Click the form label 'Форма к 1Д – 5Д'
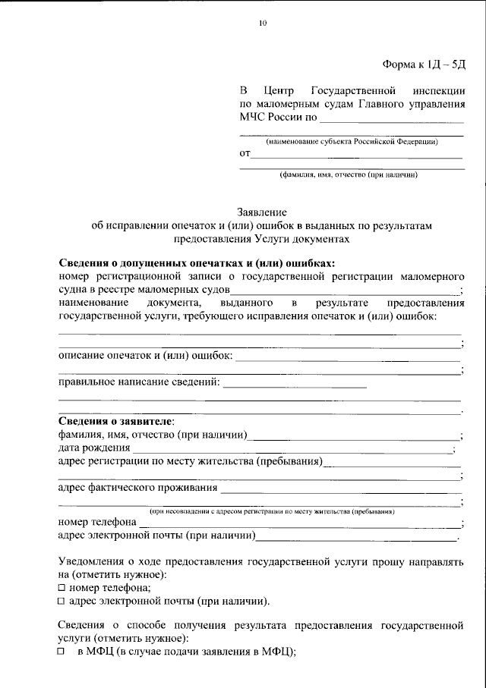pos(424,64)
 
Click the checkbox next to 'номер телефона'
pos(62,588)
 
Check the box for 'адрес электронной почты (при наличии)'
pos(62,602)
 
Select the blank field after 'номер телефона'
pos(300,523)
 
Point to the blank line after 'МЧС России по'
pos(392,120)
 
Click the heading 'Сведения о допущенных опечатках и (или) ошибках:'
pos(197,263)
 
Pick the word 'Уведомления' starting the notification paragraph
pos(93,561)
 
